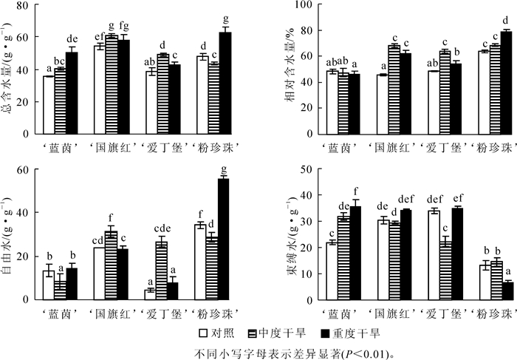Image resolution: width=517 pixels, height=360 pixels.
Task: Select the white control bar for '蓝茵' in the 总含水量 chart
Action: [49, 104]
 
